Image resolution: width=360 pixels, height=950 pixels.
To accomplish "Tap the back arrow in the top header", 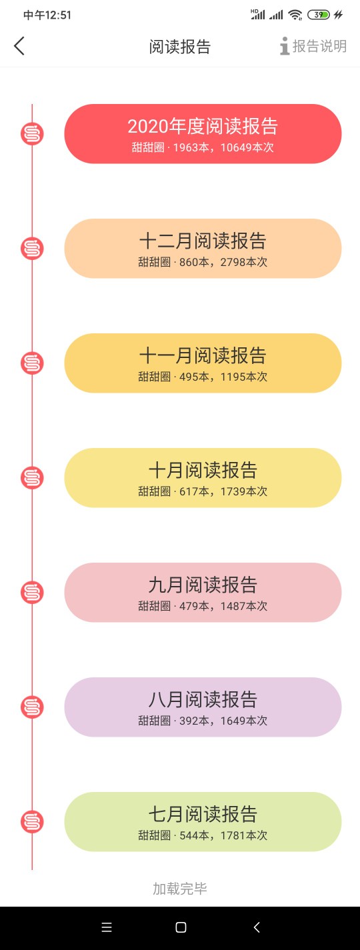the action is pyautogui.click(x=19, y=46).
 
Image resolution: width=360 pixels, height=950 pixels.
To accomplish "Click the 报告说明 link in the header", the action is pyautogui.click(x=313, y=46).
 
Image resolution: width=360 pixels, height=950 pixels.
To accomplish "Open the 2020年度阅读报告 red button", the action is pyautogui.click(x=203, y=133).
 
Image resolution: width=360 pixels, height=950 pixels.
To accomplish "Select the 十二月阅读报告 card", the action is pyautogui.click(x=203, y=249).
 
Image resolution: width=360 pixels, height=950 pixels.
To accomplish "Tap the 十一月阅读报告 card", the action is pyautogui.click(x=203, y=363).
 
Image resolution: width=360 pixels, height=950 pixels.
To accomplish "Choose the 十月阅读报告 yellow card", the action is pyautogui.click(x=203, y=477).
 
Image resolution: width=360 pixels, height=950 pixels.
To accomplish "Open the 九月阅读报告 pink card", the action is pyautogui.click(x=203, y=593).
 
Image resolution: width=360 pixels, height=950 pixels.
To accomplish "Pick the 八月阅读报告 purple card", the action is pyautogui.click(x=203, y=707).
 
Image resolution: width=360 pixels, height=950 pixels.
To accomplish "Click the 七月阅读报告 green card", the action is pyautogui.click(x=203, y=821).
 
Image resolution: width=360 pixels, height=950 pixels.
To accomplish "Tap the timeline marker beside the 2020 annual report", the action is pyautogui.click(x=32, y=134).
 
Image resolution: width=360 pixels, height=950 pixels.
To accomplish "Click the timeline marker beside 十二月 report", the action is pyautogui.click(x=32, y=249).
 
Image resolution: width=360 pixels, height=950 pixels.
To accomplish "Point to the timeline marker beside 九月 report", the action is pyautogui.click(x=32, y=593).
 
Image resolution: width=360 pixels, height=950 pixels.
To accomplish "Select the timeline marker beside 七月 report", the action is pyautogui.click(x=32, y=822).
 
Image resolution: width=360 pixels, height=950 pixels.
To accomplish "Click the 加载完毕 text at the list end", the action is pyautogui.click(x=180, y=889).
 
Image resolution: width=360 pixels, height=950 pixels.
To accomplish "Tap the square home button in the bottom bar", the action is pyautogui.click(x=181, y=927).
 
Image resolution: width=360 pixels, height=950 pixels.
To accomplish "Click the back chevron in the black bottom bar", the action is pyautogui.click(x=257, y=927).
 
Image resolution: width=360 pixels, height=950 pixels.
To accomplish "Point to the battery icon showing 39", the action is pyautogui.click(x=319, y=15).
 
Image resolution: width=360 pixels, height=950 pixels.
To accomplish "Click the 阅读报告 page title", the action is pyautogui.click(x=180, y=47).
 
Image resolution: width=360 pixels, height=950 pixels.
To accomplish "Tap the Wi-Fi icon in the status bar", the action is pyautogui.click(x=295, y=15).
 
